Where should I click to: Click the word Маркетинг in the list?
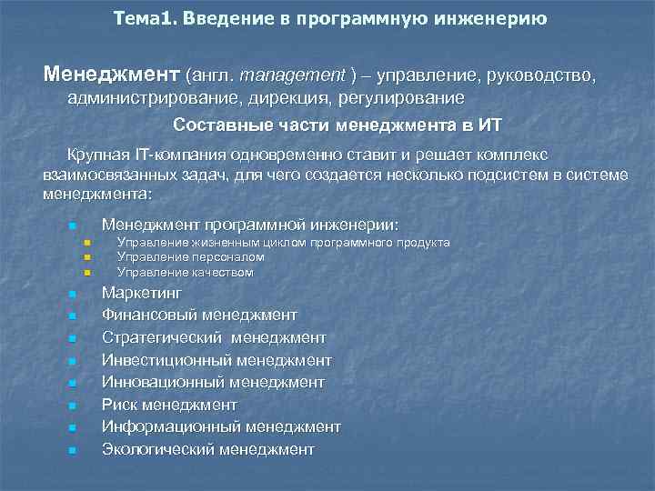142,293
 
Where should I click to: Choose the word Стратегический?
161,337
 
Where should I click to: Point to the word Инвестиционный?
162,360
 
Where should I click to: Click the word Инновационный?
162,382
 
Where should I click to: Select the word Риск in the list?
118,405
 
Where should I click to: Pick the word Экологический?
157,449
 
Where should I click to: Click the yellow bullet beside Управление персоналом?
86,258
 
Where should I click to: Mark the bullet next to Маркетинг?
70,295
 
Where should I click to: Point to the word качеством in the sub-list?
223,272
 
